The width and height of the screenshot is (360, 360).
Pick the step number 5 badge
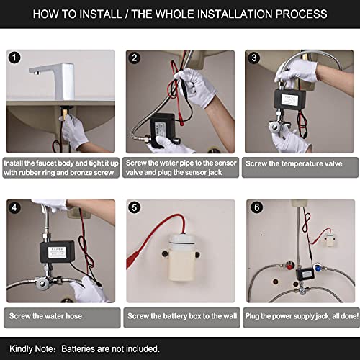pos(134,209)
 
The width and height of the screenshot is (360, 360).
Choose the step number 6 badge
pos(253,209)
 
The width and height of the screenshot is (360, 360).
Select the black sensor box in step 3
pos(292,101)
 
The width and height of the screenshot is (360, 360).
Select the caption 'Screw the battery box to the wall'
pos(180,315)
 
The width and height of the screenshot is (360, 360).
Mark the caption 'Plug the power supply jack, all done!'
pos(300,315)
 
